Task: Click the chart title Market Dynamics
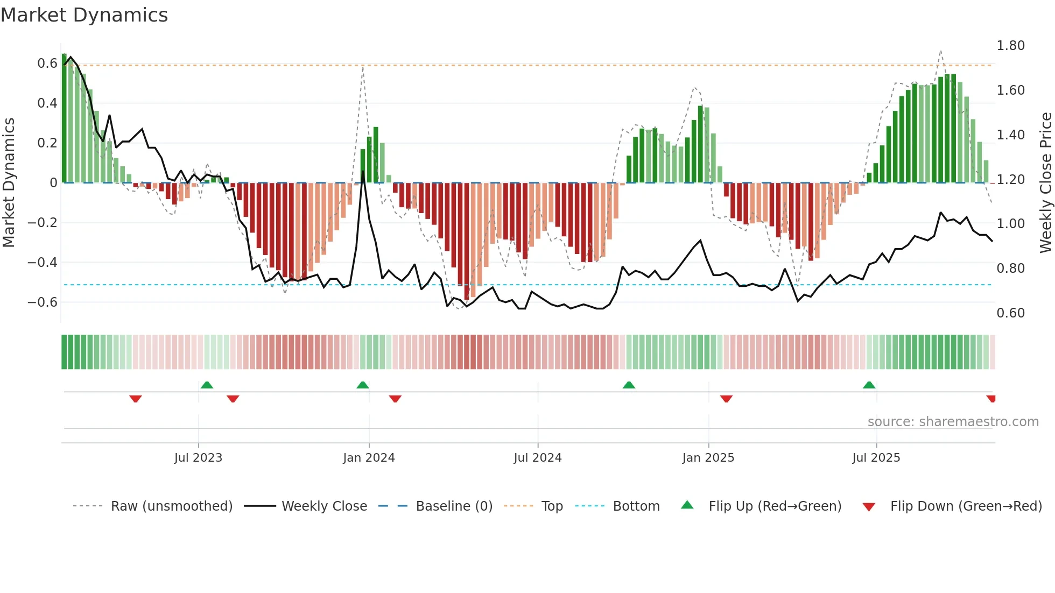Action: tap(84, 15)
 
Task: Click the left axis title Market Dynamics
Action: tap(9, 182)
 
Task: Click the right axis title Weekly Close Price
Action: tap(1045, 182)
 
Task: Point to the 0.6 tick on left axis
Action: tap(47, 63)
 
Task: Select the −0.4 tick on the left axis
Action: tap(43, 263)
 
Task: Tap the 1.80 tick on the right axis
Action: tap(1010, 46)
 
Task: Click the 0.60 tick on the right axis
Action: tap(1010, 313)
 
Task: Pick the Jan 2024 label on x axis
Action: tap(369, 458)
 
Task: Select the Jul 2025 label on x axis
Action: tap(876, 458)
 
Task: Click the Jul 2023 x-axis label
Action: tap(198, 458)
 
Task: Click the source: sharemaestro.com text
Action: tap(953, 422)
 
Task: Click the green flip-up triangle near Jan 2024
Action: tap(363, 385)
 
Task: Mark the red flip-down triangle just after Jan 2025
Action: tap(726, 399)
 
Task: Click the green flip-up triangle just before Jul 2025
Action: tap(869, 385)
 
